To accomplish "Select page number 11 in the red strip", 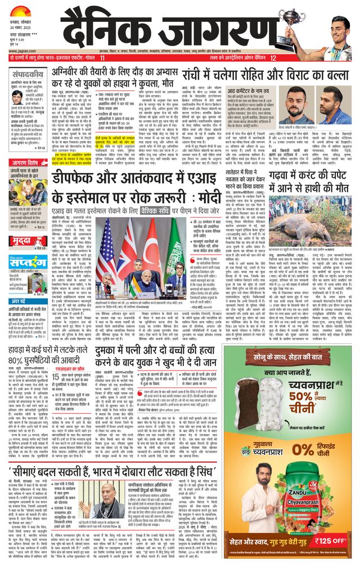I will (102, 58).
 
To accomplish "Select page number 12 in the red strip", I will (273, 58).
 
